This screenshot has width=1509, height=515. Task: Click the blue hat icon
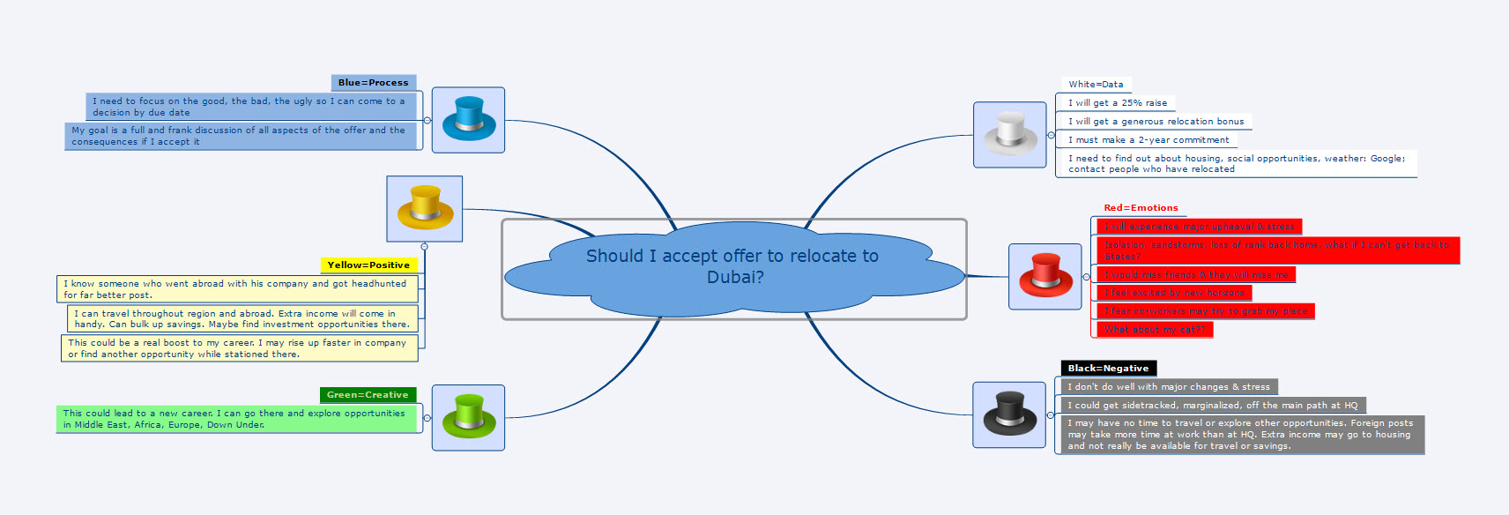click(468, 120)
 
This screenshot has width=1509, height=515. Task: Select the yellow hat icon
click(425, 209)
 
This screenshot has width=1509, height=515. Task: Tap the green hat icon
click(468, 417)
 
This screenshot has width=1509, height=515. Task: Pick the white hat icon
click(1009, 134)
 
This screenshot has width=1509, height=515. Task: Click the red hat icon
click(1044, 276)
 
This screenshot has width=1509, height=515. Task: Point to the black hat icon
click(1009, 414)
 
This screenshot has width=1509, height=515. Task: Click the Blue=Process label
click(373, 83)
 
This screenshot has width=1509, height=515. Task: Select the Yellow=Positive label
click(368, 265)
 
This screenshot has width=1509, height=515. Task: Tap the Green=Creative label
click(368, 394)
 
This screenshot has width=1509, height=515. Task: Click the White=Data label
click(1096, 85)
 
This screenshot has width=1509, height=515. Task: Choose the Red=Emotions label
click(1141, 208)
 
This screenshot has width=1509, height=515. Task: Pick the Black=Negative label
click(1108, 368)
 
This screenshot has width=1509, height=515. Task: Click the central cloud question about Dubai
click(733, 266)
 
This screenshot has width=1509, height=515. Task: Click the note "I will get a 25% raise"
click(1118, 103)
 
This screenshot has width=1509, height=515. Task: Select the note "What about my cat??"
click(1155, 330)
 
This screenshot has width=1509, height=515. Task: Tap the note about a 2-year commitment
click(1148, 140)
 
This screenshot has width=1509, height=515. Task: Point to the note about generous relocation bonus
click(1156, 122)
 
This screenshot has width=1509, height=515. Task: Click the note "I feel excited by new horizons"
click(1174, 293)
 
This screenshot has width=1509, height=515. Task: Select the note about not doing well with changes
click(1169, 387)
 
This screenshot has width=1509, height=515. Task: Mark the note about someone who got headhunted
click(237, 289)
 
